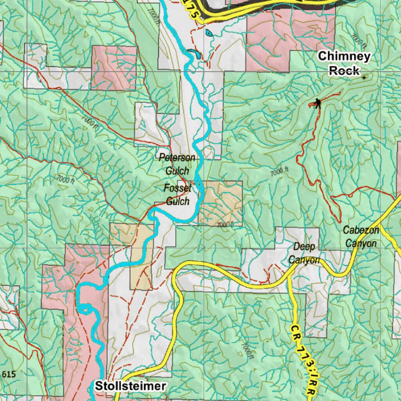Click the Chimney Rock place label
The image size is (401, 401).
[344, 63]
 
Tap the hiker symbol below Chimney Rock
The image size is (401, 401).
[318, 103]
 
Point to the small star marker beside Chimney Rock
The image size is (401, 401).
[364, 78]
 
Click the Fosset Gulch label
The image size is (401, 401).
[177, 195]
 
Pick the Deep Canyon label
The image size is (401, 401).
[304, 253]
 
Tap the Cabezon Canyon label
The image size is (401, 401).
[361, 237]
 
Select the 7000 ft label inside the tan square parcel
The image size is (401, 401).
[225, 224]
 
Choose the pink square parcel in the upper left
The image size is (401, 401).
[114, 67]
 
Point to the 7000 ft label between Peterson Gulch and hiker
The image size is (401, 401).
[279, 171]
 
